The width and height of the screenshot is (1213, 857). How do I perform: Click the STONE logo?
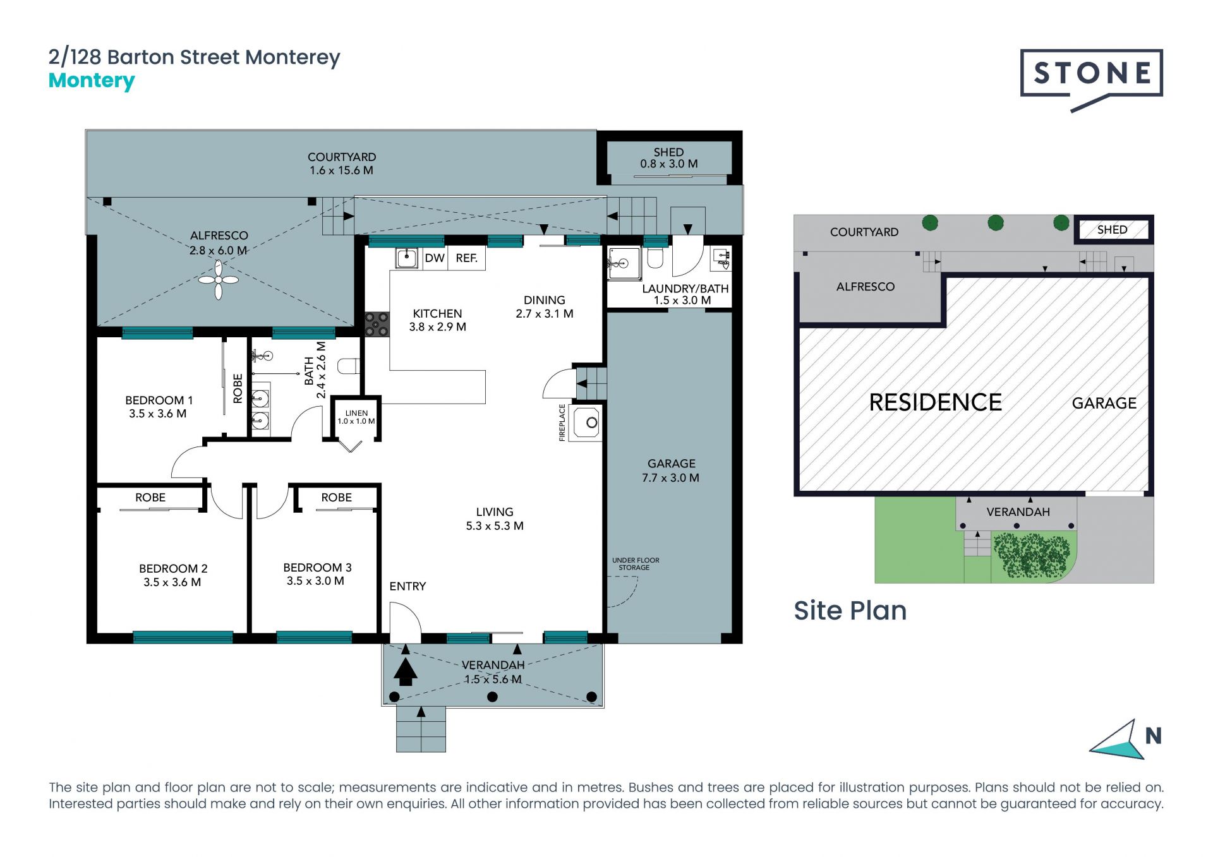[1091, 80]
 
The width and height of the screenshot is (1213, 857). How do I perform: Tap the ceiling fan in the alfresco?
[218, 280]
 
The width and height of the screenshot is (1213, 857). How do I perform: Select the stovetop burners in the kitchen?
[377, 325]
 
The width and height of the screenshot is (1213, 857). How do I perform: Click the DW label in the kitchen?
[435, 258]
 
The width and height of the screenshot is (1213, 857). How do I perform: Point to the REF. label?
[466, 258]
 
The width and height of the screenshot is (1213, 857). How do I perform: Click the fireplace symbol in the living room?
[586, 423]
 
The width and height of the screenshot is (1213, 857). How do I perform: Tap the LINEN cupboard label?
[356, 413]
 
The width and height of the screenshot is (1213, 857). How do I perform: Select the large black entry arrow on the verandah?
[406, 671]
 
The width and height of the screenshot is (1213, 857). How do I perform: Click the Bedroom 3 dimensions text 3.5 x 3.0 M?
[315, 581]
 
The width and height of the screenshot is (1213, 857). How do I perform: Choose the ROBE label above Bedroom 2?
[150, 498]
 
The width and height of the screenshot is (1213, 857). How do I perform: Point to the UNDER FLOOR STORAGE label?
[635, 564]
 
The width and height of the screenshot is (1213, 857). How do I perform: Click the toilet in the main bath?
[349, 366]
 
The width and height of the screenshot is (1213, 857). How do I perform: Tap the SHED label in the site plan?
[1112, 230]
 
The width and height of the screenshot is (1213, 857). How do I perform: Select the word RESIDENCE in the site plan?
[936, 403]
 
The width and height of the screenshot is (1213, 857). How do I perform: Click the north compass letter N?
[1154, 736]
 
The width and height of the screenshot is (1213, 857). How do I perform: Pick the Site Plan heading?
[850, 611]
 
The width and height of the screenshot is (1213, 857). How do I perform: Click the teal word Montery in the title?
[92, 81]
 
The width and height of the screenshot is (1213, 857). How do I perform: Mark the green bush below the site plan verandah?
[1032, 555]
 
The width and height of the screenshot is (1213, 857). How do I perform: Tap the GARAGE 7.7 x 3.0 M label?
[671, 471]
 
